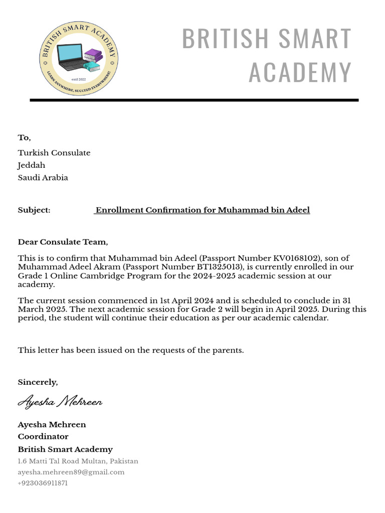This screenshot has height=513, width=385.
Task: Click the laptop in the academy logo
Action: pos(71,58)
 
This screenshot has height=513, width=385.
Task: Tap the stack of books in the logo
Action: pos(92,60)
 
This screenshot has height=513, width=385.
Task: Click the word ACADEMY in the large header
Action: pos(300,72)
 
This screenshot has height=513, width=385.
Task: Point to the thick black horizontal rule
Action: pos(194,100)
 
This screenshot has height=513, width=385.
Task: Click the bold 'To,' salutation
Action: pos(25,138)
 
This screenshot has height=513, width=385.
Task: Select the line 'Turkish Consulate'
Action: pos(54,153)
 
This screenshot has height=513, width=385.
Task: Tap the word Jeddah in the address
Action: pos(32,165)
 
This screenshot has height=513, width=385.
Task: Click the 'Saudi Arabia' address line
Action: pos(43,178)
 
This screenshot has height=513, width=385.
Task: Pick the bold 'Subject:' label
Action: pos(34,210)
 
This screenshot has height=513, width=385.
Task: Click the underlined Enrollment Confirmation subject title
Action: pos(202,210)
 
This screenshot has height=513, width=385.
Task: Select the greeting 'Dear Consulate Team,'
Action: pos(63,242)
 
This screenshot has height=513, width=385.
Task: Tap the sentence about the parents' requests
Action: pos(131,350)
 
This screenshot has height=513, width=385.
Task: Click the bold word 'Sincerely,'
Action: pos(38,382)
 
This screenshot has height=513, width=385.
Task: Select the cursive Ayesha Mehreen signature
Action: pos(60,402)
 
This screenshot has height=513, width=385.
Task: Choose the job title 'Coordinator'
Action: pos(43,437)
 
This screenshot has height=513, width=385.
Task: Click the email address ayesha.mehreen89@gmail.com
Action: pos(71,472)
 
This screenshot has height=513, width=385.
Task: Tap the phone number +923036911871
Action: pos(43,483)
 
